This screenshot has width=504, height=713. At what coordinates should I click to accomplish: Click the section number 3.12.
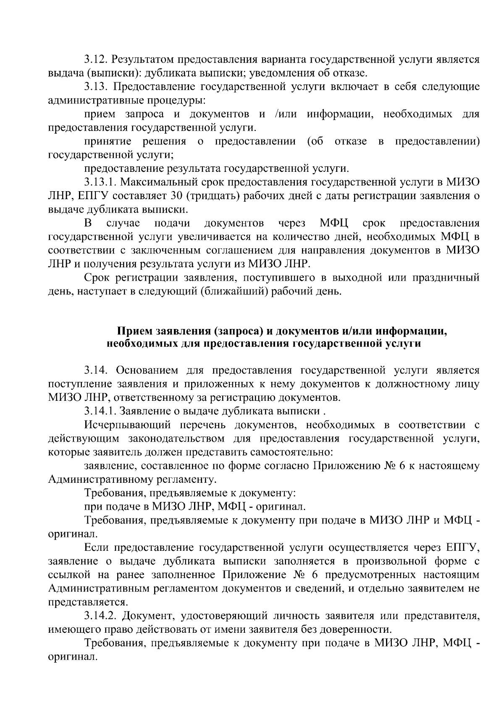point(95,60)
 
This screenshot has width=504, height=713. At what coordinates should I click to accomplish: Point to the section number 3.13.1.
point(99,183)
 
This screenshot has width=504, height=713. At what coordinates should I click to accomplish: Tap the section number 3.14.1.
point(99,411)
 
